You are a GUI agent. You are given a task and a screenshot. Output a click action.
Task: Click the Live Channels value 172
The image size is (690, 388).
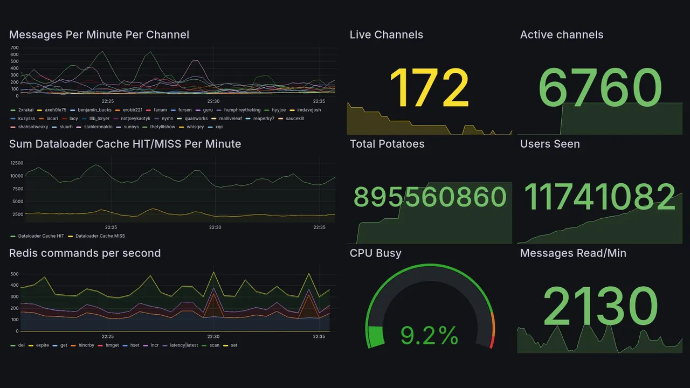[429, 88]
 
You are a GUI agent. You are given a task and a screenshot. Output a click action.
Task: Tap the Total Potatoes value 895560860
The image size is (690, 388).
[430, 197]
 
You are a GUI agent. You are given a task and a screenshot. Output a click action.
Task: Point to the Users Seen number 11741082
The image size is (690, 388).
[600, 197]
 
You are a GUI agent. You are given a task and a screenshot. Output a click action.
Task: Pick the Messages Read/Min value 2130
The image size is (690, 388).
[600, 306]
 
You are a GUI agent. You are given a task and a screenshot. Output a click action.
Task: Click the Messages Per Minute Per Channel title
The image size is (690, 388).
[99, 35]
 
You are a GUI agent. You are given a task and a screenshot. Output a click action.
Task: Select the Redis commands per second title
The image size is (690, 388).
[85, 253]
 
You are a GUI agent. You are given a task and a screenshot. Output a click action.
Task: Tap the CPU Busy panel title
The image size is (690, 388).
[375, 253]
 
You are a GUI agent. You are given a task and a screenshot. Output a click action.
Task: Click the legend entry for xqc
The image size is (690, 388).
[219, 127]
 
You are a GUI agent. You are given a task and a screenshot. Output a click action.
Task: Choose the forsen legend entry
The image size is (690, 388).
[184, 110]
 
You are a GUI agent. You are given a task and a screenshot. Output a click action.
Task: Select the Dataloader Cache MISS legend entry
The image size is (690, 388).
[100, 236]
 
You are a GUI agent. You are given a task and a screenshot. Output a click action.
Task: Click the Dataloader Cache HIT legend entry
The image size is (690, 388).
[41, 236]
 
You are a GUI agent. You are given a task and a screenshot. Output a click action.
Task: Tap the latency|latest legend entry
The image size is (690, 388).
[184, 345]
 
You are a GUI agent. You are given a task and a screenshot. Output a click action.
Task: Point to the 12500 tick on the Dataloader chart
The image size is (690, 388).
[16, 163]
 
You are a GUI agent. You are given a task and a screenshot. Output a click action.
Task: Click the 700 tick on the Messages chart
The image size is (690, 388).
[15, 47]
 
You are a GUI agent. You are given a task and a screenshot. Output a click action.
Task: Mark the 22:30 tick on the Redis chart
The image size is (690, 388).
[213, 337]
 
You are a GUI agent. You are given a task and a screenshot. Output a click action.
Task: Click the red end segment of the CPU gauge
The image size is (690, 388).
[491, 342]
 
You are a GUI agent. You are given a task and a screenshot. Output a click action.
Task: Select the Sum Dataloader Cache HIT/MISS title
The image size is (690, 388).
[125, 144]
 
